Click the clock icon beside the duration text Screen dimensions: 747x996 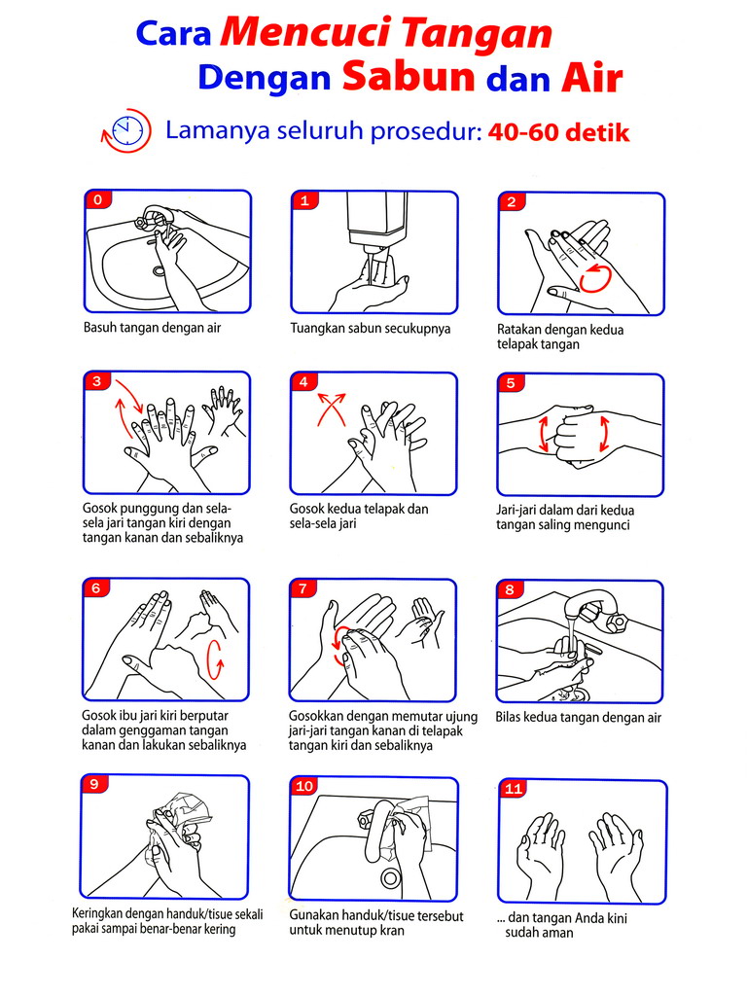pyautogui.click(x=126, y=131)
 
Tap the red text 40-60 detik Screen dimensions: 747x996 pyautogui.click(x=558, y=132)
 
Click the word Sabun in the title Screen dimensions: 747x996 pyautogui.click(x=409, y=76)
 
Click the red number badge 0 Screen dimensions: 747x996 pyautogui.click(x=98, y=200)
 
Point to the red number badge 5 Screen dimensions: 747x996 pyautogui.click(x=511, y=383)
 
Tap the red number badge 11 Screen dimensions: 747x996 pyautogui.click(x=513, y=788)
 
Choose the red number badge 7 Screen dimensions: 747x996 pyautogui.click(x=303, y=588)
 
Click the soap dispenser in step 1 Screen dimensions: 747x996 pyautogui.click(x=376, y=226)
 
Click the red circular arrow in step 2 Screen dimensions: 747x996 pyautogui.click(x=596, y=279)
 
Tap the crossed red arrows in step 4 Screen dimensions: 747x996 pyautogui.click(x=332, y=409)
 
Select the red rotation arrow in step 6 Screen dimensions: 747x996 pyautogui.click(x=216, y=660)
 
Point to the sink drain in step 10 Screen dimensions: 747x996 pyautogui.click(x=389, y=878)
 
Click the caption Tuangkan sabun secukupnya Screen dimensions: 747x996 pyautogui.click(x=371, y=329)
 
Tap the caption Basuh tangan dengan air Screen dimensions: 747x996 pyautogui.click(x=153, y=328)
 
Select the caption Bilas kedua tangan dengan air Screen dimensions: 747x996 pyautogui.click(x=578, y=718)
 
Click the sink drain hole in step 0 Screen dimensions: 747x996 pyautogui.click(x=159, y=270)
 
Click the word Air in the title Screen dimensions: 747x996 pyautogui.click(x=591, y=78)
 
